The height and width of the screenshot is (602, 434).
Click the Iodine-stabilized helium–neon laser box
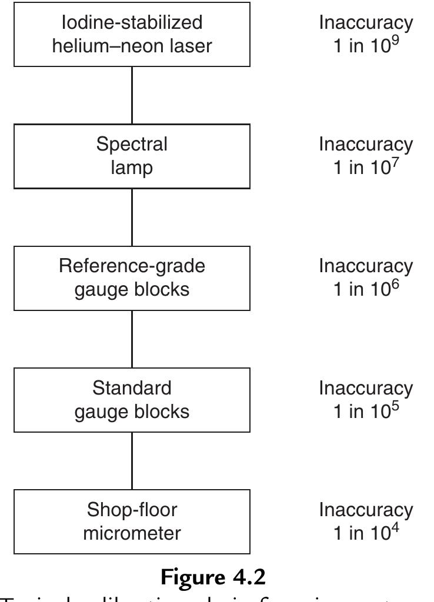click(x=132, y=34)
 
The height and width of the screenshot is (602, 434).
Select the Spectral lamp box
click(x=132, y=156)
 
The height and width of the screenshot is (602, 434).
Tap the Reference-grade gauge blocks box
click(x=132, y=278)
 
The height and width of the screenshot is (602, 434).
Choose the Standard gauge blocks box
click(x=132, y=400)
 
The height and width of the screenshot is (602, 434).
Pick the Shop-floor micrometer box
click(x=132, y=521)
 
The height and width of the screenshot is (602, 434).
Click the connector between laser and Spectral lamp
click(x=132, y=95)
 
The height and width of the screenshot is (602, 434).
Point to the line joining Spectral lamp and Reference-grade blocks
click(x=132, y=217)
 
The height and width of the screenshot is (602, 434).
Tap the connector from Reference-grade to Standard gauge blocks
click(x=132, y=339)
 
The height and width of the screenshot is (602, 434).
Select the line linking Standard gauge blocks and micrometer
click(x=132, y=460)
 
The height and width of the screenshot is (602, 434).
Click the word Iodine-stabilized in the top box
click(x=132, y=23)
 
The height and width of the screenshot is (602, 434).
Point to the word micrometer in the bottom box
click(x=132, y=533)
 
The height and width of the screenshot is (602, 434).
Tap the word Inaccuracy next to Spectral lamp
click(x=366, y=145)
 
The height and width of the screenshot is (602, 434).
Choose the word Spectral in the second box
click(x=132, y=145)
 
